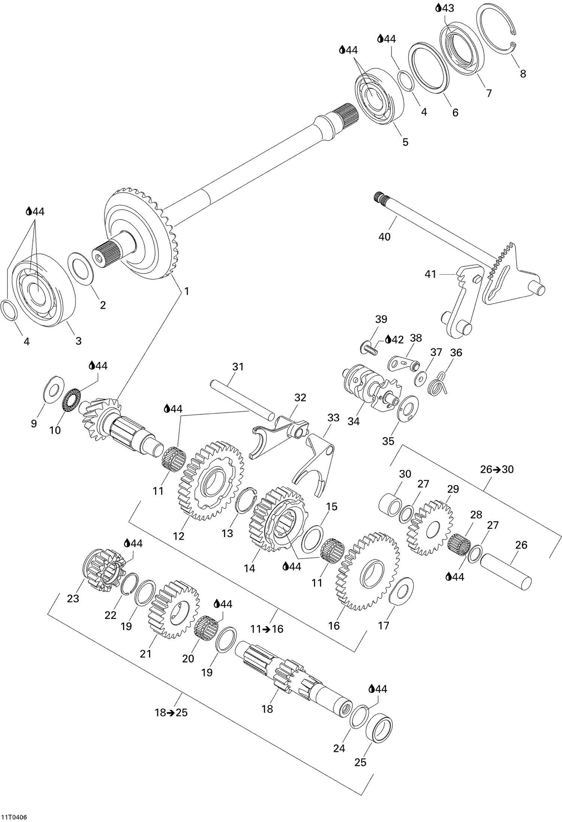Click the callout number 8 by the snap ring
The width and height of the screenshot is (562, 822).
pyautogui.click(x=523, y=73)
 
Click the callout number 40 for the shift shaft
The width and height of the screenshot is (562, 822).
pyautogui.click(x=384, y=237)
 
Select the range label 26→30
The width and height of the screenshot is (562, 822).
pyautogui.click(x=497, y=469)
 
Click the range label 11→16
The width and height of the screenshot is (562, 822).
pyautogui.click(x=267, y=629)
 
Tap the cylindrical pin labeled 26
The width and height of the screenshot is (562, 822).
pyautogui.click(x=506, y=572)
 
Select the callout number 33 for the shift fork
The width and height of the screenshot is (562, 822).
pyautogui.click(x=333, y=418)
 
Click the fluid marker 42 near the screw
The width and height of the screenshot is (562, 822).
pyautogui.click(x=394, y=340)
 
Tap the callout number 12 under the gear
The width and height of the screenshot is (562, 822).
pyautogui.click(x=179, y=536)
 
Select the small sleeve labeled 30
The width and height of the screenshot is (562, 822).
pyautogui.click(x=390, y=505)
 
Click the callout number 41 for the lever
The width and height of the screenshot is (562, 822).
pyautogui.click(x=430, y=274)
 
